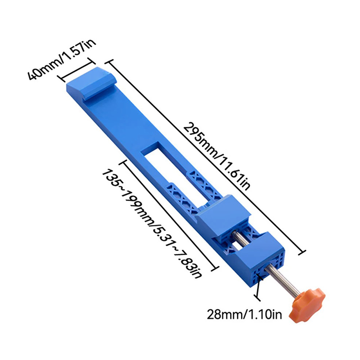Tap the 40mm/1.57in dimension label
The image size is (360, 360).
click(62, 60)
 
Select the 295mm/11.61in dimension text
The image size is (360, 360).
click(216, 156)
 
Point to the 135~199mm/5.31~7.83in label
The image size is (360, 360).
click(152, 224)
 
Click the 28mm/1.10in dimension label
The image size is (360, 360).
click(244, 314)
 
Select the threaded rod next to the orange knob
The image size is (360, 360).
click(283, 280)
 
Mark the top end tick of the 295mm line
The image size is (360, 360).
click(108, 63)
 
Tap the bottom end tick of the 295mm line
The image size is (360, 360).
click(302, 252)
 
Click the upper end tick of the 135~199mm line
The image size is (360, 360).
click(123, 162)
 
